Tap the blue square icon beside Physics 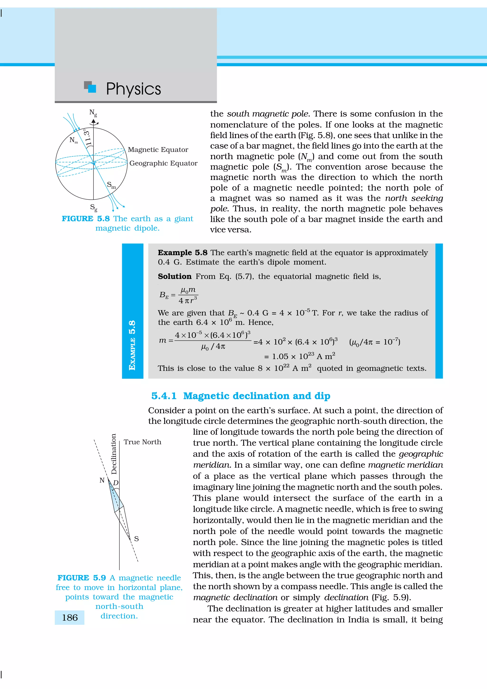(92, 88)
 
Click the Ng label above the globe (93, 113)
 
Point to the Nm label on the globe (73, 140)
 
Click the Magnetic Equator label (158, 150)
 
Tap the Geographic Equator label (163, 163)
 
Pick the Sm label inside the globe (111, 185)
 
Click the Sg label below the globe (94, 207)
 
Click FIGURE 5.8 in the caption (86, 219)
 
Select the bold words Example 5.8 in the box (182, 253)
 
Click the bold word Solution (175, 276)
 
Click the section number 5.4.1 (164, 396)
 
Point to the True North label (142, 442)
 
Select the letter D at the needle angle (116, 483)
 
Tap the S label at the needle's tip (136, 539)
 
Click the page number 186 (70, 618)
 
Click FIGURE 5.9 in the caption (82, 578)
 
